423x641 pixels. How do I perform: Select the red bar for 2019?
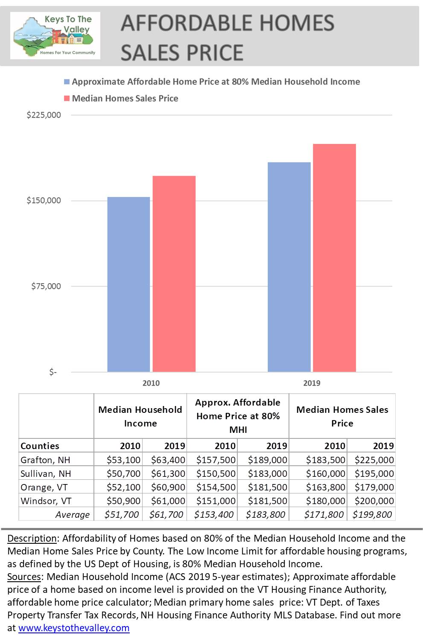[334, 258]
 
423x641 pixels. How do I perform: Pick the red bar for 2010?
[174, 273]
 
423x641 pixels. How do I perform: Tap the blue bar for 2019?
[289, 267]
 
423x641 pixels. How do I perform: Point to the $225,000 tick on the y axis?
[44, 115]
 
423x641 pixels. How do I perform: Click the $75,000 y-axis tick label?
[46, 286]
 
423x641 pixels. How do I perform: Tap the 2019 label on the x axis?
[312, 383]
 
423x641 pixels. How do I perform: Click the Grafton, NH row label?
[45, 460]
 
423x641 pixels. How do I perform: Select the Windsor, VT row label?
[46, 501]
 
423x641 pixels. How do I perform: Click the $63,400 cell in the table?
[168, 460]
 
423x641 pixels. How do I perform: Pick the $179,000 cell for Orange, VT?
[374, 487]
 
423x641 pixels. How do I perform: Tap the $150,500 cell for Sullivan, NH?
[216, 473]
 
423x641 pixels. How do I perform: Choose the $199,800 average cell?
[372, 514]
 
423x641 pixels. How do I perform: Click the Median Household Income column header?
[140, 416]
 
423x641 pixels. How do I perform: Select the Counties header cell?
[40, 446]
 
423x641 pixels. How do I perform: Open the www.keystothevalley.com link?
[74, 628]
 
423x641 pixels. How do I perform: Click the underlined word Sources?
[24, 577]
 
